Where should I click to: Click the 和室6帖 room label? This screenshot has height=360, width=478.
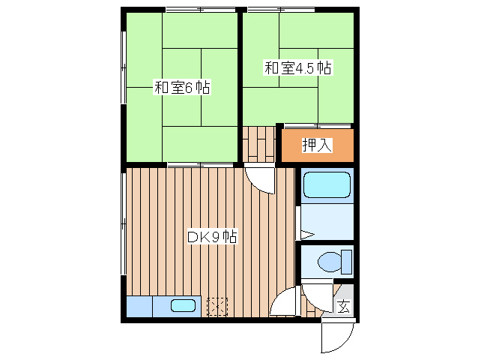[x=181, y=88]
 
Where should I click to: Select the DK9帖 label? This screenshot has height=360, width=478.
[x=212, y=237]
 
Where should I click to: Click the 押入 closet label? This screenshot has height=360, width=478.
[x=316, y=145]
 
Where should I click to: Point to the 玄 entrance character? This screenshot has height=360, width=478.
[x=343, y=306]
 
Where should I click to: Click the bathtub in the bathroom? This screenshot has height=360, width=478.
[x=327, y=185]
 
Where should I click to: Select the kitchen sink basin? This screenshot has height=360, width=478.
[x=183, y=306]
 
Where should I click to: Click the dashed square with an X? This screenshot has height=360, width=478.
[x=217, y=307]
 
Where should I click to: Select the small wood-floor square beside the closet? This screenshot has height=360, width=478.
[x=259, y=143]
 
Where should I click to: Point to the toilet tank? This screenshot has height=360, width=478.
[x=346, y=262]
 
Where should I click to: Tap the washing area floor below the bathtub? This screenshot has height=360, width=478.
[x=327, y=222]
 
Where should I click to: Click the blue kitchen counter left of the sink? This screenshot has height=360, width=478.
[x=140, y=306]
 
